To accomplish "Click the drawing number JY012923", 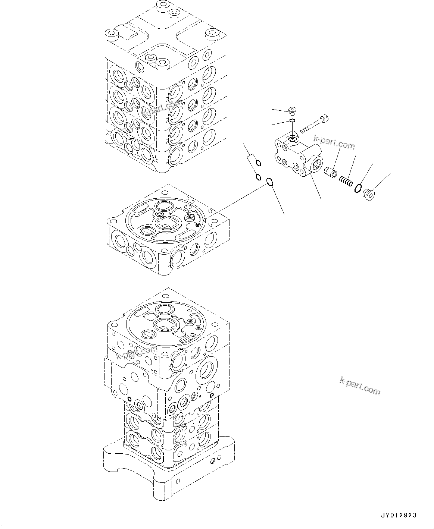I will [398, 516].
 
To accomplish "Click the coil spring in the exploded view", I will [346, 181].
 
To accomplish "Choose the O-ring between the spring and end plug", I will [357, 188].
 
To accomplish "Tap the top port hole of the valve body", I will [292, 140].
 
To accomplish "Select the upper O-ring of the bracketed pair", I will [259, 163].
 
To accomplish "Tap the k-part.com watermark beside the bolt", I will [334, 142].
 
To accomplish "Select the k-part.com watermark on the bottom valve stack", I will [137, 352].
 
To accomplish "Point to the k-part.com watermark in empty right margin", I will [360, 385].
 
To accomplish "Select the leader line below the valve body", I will [315, 188].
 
